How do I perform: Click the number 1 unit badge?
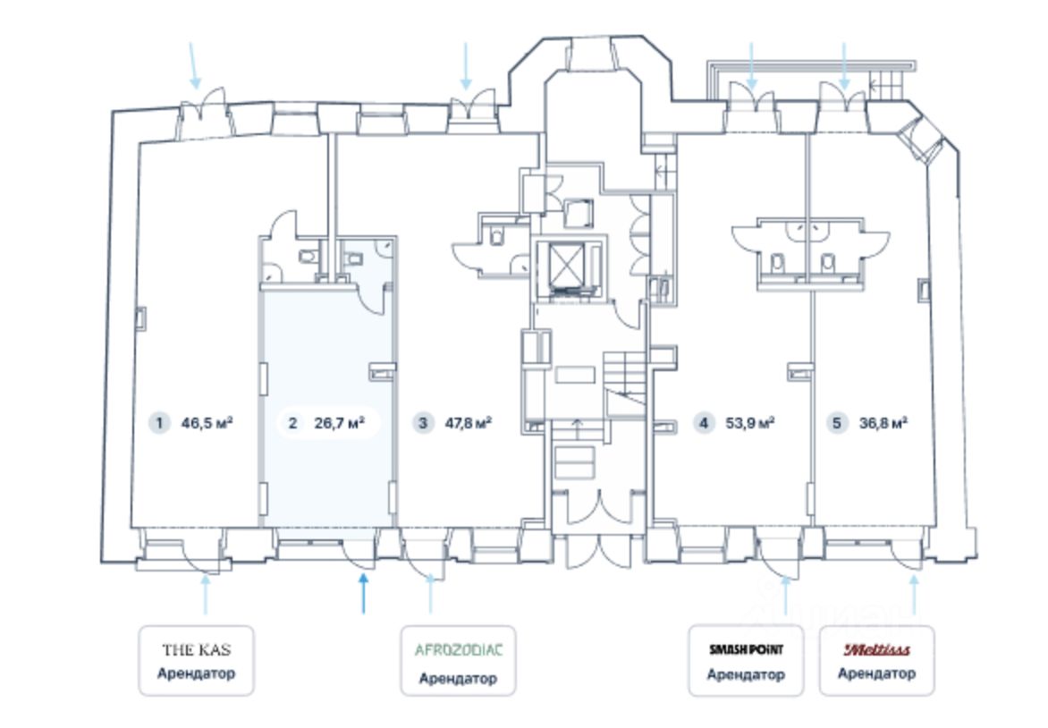(x=159, y=423)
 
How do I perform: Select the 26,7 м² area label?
(x=340, y=423)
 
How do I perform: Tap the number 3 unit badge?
(x=422, y=423)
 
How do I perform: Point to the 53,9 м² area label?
(x=750, y=423)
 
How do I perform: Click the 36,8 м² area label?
(x=883, y=423)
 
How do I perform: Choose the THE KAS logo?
(x=197, y=650)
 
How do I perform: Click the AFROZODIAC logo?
(x=459, y=650)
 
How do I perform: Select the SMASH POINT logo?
(x=746, y=649)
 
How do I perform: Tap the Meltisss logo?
(x=877, y=649)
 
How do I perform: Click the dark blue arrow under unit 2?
(x=364, y=594)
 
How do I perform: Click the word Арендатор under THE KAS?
(x=197, y=673)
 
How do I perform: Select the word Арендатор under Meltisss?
(x=877, y=673)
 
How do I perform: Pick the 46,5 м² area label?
(x=207, y=423)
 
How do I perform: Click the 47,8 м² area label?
(x=469, y=423)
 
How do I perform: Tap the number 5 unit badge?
(x=837, y=423)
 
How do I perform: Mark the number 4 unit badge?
(x=703, y=423)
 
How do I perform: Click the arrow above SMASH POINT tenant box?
(x=786, y=595)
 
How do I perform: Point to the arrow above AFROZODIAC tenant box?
(x=430, y=594)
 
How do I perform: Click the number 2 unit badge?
(x=292, y=423)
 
